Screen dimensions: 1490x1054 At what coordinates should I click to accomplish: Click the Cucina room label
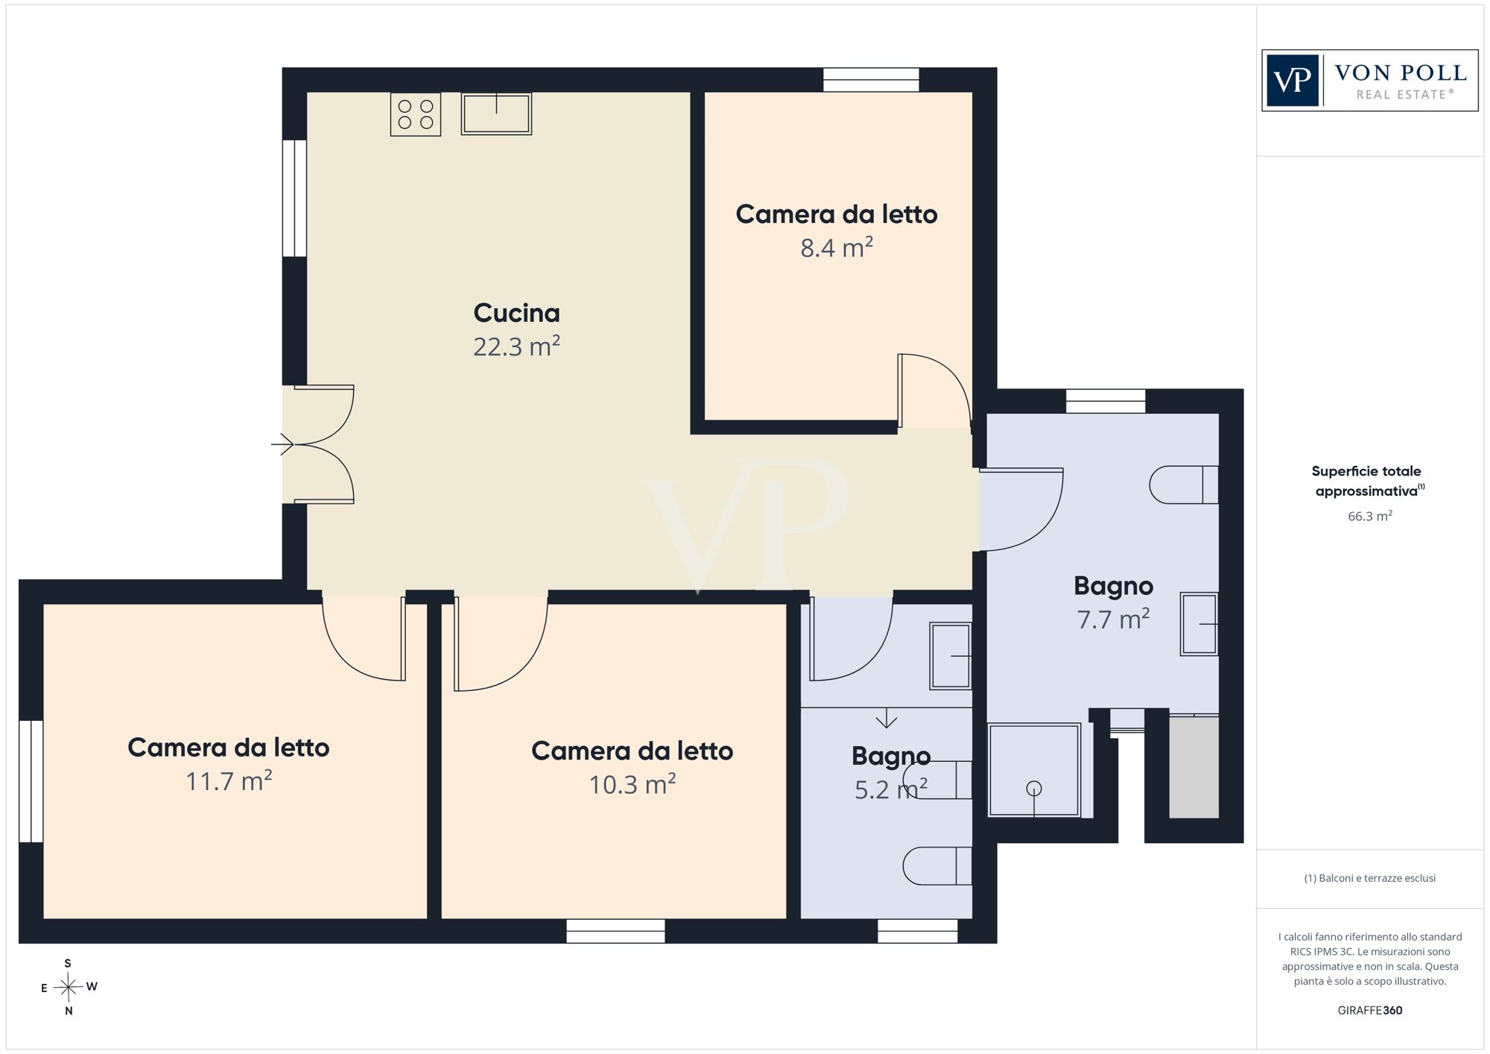(x=516, y=313)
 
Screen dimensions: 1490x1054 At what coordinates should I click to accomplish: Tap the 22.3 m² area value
(x=516, y=347)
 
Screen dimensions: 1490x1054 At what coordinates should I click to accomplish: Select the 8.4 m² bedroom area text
(x=836, y=247)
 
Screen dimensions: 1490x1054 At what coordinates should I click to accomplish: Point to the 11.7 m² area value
(x=229, y=781)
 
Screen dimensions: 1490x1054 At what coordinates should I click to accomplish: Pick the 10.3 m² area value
(x=632, y=784)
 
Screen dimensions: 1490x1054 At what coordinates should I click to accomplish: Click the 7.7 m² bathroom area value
(x=1113, y=619)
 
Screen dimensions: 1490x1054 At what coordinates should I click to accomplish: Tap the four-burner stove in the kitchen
(x=416, y=114)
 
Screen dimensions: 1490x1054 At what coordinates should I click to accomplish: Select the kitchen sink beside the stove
(x=496, y=113)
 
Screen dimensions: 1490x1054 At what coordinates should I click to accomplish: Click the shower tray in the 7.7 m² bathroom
(x=1034, y=770)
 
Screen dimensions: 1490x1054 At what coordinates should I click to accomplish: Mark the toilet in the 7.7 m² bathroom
(x=1184, y=485)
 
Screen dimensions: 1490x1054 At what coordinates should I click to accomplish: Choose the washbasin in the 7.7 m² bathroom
(x=1199, y=624)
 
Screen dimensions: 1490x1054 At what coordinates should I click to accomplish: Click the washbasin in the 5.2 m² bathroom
(x=951, y=656)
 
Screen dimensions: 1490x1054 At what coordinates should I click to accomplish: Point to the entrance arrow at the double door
(x=282, y=444)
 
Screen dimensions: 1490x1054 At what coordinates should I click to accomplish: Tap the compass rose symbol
(x=69, y=988)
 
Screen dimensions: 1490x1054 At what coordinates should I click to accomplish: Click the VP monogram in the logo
(x=1293, y=81)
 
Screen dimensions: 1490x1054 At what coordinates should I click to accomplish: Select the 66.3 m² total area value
(x=1370, y=516)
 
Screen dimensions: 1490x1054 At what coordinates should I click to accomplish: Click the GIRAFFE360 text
(x=1370, y=1011)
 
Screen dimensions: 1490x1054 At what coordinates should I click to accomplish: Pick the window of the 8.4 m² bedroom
(x=871, y=80)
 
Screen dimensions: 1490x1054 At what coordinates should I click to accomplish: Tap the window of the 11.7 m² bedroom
(x=31, y=781)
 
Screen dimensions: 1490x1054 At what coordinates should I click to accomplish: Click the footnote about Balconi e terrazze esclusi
(x=1370, y=878)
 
